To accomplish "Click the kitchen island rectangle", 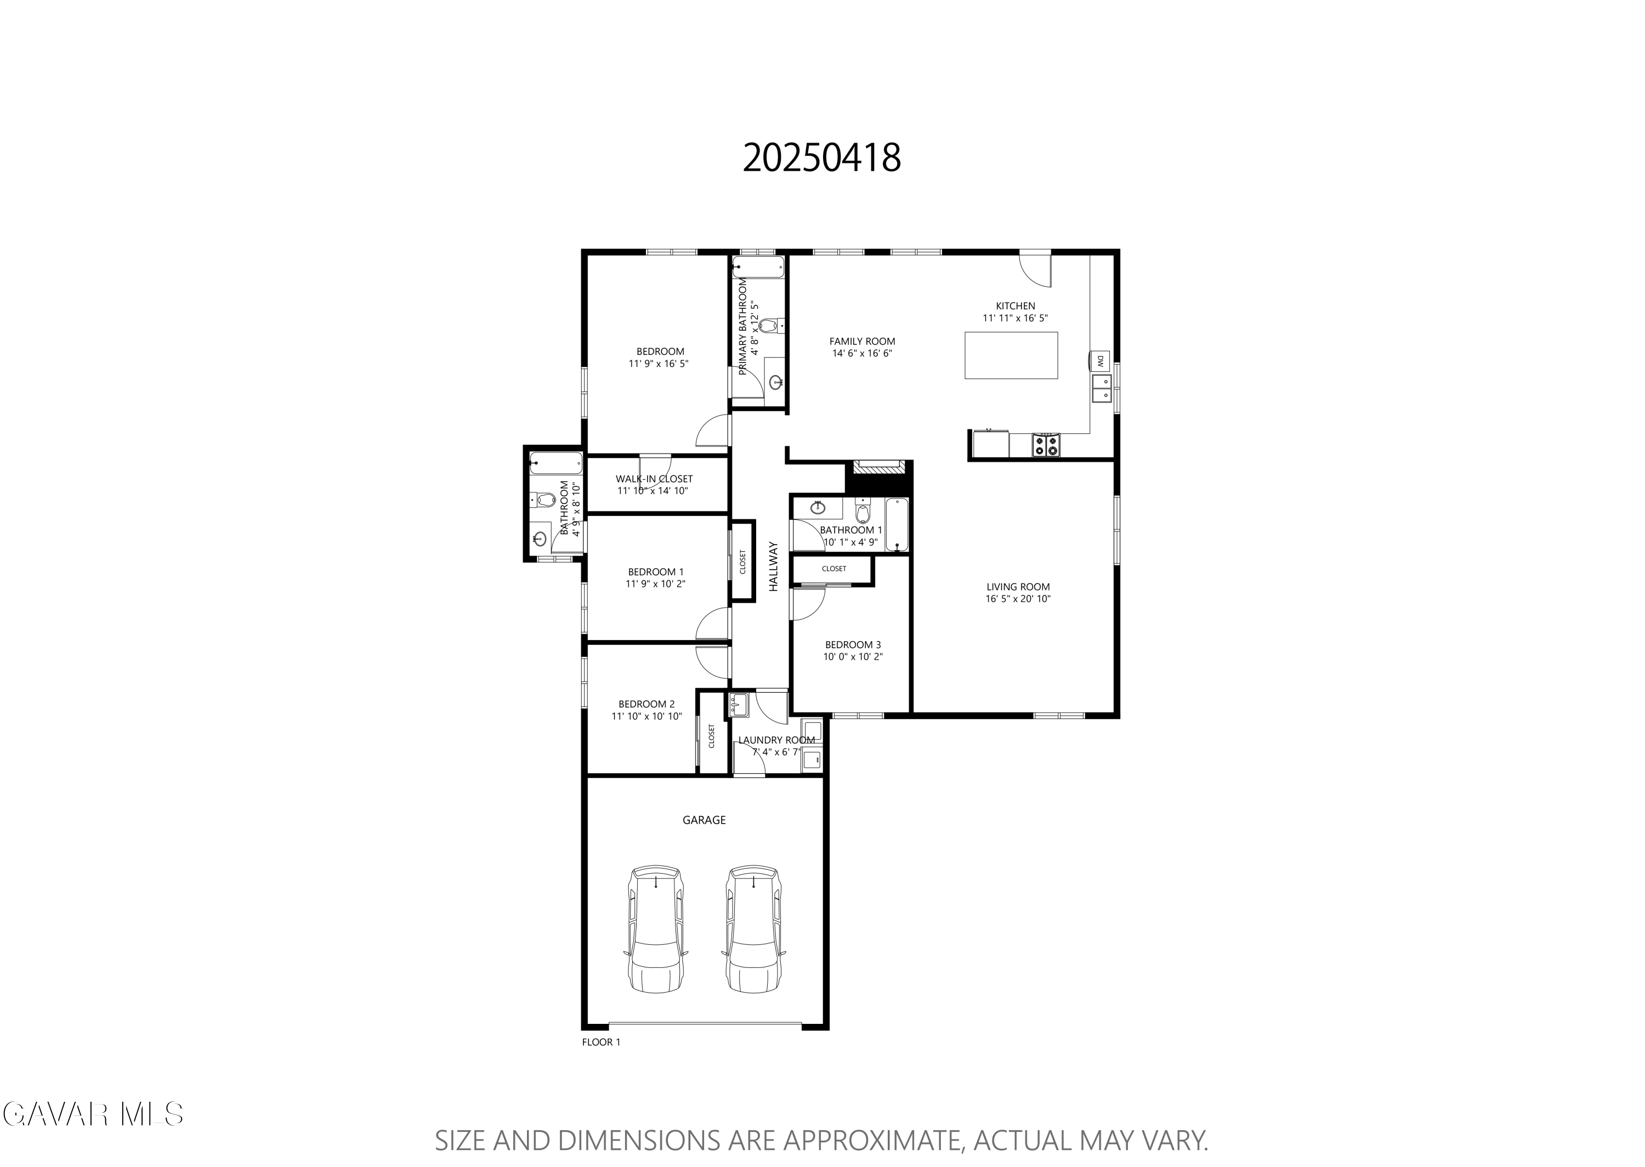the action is (x=1011, y=355).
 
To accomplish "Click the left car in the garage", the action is (x=656, y=929).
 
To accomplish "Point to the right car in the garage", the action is (x=753, y=929).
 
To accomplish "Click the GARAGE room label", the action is (x=704, y=820).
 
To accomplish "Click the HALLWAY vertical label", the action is (x=774, y=566).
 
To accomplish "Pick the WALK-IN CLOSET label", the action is (x=654, y=479).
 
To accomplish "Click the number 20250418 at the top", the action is (x=822, y=158).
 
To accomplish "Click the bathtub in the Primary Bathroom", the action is (x=758, y=267).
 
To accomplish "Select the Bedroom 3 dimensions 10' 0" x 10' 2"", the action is (x=853, y=657).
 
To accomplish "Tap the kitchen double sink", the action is (x=1101, y=389).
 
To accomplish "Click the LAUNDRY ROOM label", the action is (x=776, y=740).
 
